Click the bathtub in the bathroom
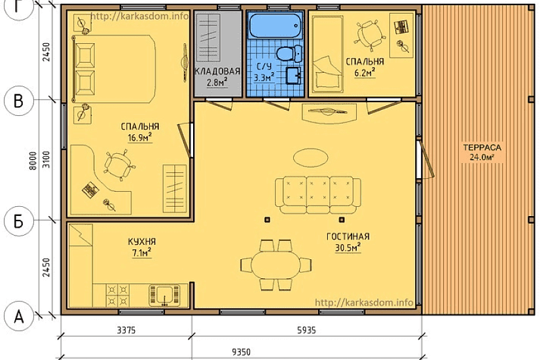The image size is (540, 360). [x=275, y=26]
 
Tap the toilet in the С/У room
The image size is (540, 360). [x=289, y=54]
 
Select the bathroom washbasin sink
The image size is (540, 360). [x=294, y=76]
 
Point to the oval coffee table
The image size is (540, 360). [x=311, y=158]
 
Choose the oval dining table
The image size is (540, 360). [x=276, y=265]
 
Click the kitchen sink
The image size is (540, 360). [x=164, y=295]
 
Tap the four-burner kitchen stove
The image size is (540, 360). [x=117, y=295]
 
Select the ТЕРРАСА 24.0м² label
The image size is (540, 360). [x=482, y=153]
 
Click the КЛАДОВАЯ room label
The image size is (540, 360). [x=217, y=71]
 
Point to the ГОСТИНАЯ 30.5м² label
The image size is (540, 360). [x=348, y=242]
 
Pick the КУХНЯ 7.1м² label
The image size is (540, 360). [x=142, y=247]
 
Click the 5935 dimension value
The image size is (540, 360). [x=306, y=331]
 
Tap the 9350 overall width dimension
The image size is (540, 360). [x=241, y=352]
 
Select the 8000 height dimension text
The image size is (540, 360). [x=33, y=160]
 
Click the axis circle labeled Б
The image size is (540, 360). [x=18, y=221]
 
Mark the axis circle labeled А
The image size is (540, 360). [x=18, y=316]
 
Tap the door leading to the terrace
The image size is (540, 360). [x=425, y=158]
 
